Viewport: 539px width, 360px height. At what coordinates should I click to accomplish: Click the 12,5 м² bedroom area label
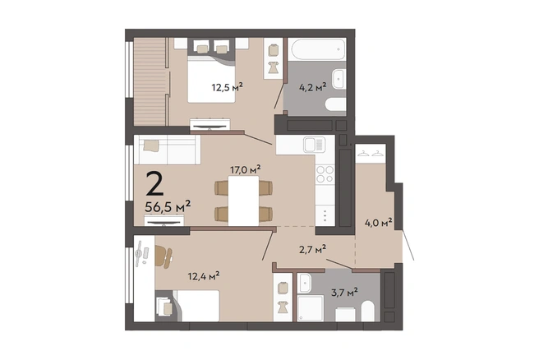click(228, 87)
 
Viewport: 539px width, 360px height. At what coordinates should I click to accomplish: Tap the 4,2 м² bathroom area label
click(313, 87)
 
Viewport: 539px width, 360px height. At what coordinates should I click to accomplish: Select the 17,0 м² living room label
click(245, 169)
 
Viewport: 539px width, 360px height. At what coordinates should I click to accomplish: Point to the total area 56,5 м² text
click(168, 207)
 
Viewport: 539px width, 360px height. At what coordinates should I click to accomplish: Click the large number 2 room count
click(154, 183)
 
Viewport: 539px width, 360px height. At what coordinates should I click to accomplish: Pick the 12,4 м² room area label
click(204, 276)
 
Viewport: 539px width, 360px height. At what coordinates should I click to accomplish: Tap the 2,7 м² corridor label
click(312, 249)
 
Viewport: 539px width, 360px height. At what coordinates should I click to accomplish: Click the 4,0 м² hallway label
click(379, 223)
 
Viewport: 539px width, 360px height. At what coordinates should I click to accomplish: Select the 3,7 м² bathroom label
click(344, 293)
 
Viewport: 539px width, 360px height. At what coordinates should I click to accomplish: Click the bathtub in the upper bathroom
click(318, 48)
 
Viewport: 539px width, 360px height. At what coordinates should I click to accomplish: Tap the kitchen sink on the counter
click(314, 145)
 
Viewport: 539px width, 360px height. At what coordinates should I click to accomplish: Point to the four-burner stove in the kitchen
click(325, 174)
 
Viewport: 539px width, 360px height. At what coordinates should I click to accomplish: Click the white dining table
click(243, 201)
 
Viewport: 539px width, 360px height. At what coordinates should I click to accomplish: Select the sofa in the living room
click(167, 150)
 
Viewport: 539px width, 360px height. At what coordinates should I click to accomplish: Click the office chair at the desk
click(164, 256)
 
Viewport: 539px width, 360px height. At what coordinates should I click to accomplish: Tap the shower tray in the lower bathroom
click(311, 307)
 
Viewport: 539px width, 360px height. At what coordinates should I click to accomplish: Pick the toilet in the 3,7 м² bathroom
click(368, 312)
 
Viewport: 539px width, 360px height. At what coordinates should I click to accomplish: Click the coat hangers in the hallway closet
click(371, 153)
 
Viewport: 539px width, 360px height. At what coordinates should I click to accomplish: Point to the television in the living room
click(164, 220)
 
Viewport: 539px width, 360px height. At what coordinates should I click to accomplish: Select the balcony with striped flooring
click(150, 82)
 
